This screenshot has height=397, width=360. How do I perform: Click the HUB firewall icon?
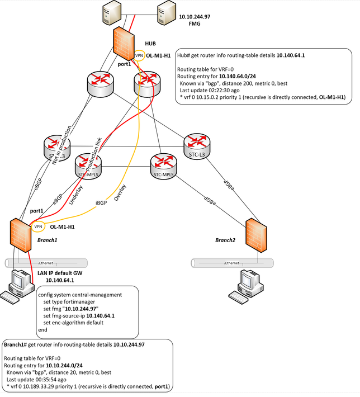coord(122,42)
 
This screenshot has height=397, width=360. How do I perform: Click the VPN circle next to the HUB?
coord(139,56)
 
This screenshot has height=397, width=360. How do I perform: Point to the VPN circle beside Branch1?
coord(38,227)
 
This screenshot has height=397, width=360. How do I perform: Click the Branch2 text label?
coord(226,240)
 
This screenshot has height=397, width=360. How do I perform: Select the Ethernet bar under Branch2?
coord(232,263)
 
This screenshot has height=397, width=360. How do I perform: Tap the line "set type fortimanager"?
coord(70,301)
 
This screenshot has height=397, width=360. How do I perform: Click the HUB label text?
coord(151,42)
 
